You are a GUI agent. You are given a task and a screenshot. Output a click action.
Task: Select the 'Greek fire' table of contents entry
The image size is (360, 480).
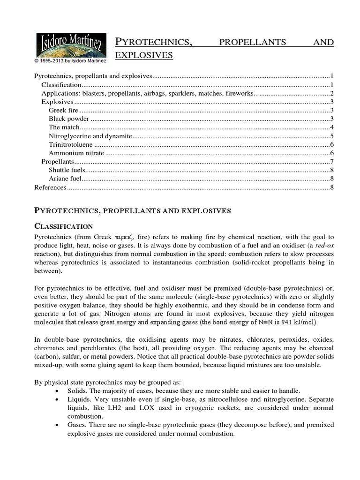(x=64, y=110)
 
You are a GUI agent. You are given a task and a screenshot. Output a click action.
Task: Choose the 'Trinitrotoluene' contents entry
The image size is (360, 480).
(x=70, y=145)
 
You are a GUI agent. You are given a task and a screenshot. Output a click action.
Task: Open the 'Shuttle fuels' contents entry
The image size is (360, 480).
(x=66, y=170)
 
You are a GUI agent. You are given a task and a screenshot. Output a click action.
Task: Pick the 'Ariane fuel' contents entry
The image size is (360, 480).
(x=65, y=179)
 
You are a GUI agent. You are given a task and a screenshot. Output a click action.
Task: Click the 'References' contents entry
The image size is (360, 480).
(x=51, y=187)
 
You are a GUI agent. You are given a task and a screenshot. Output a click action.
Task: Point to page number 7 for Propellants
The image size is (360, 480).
(x=331, y=162)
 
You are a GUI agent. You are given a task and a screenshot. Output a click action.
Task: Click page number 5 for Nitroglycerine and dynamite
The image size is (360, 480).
(x=331, y=136)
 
